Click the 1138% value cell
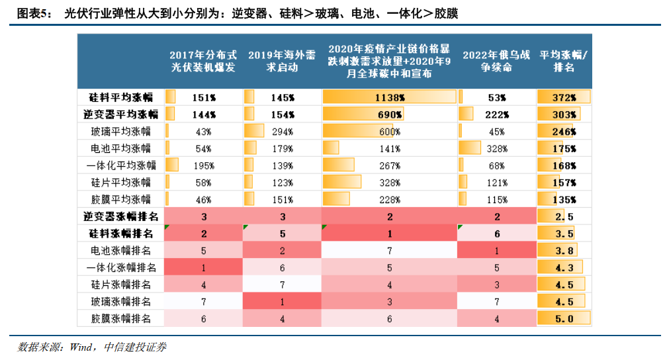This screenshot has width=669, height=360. (389, 97)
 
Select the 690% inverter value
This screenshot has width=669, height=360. (389, 114)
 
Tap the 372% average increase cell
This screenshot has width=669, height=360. (564, 97)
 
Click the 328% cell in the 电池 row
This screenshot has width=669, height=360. (496, 148)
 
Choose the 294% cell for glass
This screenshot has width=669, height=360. (283, 131)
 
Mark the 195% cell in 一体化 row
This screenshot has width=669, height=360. (203, 165)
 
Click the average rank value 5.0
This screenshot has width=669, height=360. (564, 319)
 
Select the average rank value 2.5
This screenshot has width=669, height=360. (564, 216)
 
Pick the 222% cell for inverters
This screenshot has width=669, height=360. (496, 114)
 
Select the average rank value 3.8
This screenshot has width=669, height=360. (564, 250)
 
